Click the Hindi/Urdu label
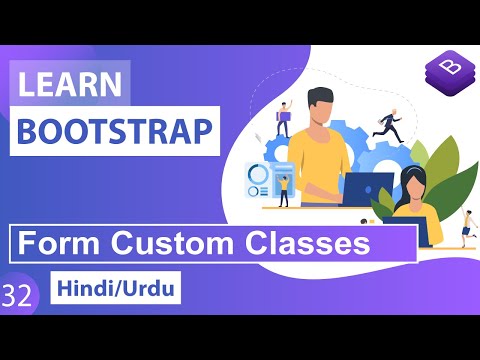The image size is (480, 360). point(115,294)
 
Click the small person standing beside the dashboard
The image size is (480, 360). point(284,190)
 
